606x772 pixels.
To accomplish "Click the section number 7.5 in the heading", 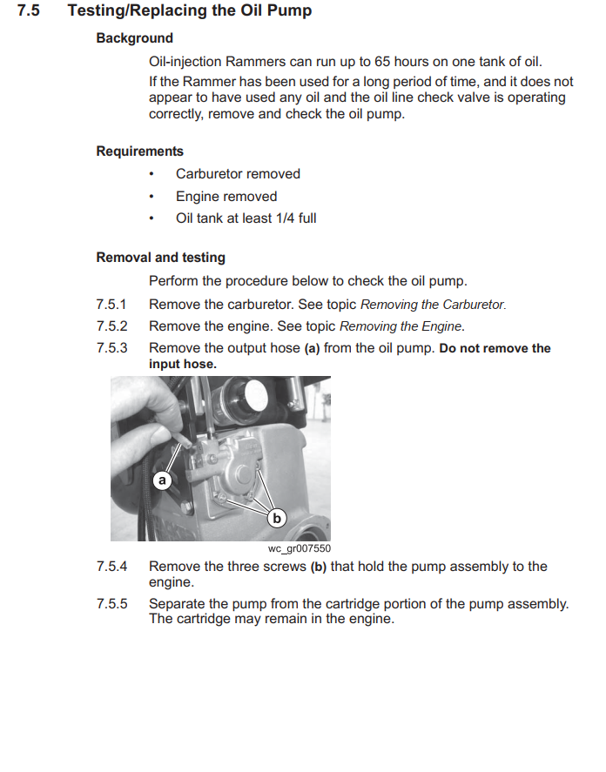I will pos(29,11).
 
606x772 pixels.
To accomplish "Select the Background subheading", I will pos(134,38).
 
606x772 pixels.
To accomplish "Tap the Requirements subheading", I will pos(139,151).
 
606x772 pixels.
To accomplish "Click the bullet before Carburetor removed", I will pos(151,174).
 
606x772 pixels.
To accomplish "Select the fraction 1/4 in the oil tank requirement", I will pos(282,218).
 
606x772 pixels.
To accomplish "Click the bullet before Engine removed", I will pos(151,197).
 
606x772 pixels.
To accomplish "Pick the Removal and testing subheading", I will pos(160,258).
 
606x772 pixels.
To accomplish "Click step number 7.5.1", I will pos(111,305).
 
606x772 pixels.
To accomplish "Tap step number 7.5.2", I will pos(111,326).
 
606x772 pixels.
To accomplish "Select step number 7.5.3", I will pos(111,348).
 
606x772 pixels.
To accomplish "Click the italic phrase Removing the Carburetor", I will pos(433,305).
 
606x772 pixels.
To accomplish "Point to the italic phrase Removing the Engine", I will pos(401,326).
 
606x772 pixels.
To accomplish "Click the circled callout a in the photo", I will pos(161,480).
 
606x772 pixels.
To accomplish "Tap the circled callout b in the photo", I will pos(278,519).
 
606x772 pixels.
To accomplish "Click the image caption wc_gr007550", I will pos(300,548).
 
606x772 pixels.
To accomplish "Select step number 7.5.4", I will pos(111,567).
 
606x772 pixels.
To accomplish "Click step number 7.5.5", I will pos(111,604).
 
